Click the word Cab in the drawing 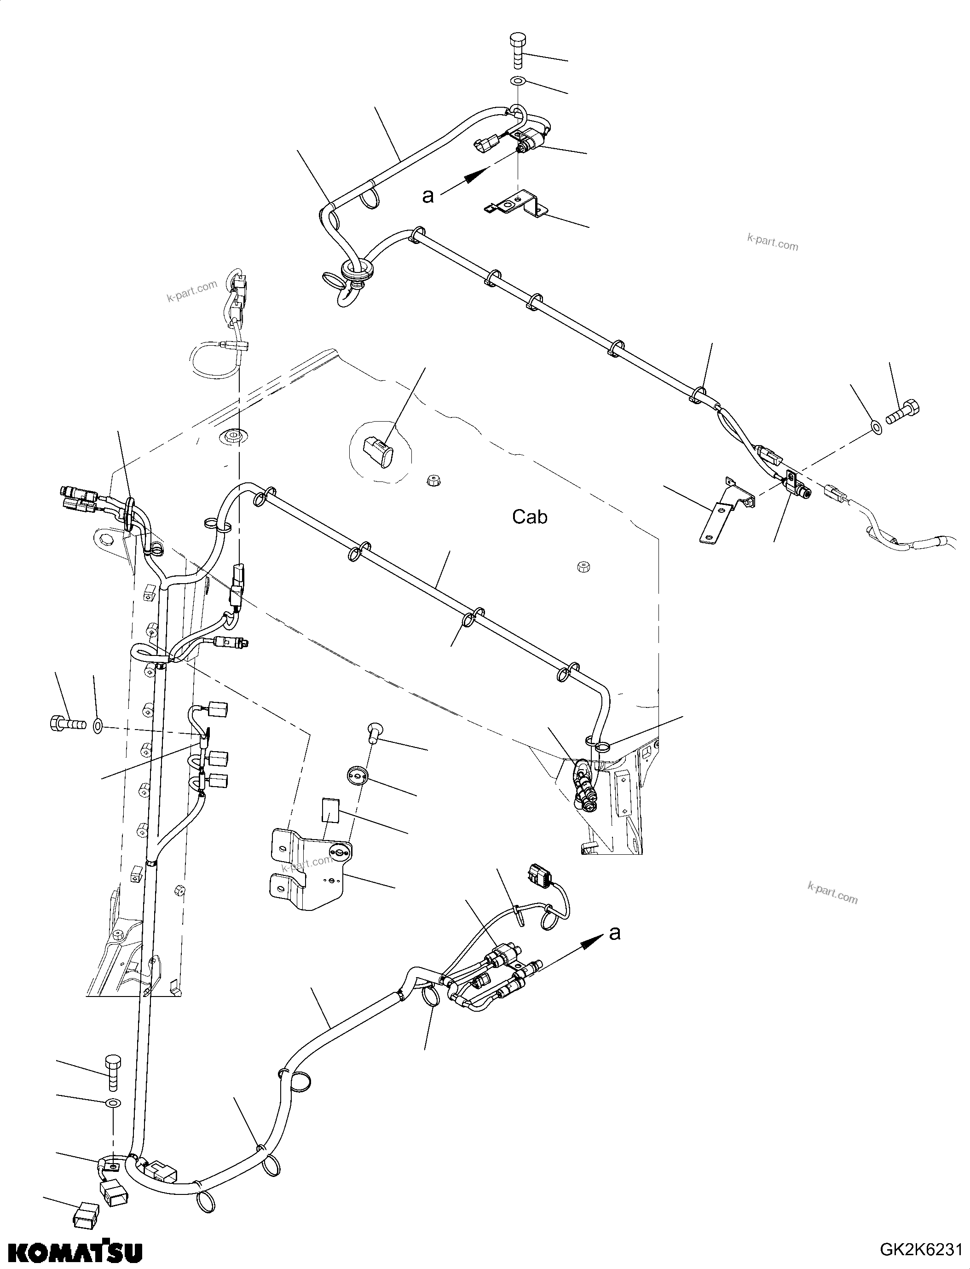tap(530, 517)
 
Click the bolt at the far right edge tap(901, 412)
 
